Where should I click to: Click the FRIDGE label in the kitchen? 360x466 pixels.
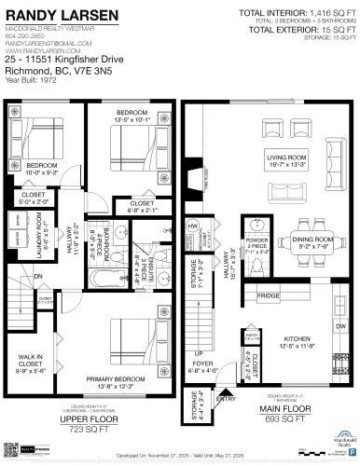tap(269, 296)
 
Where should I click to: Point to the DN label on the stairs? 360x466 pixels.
tap(38, 276)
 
